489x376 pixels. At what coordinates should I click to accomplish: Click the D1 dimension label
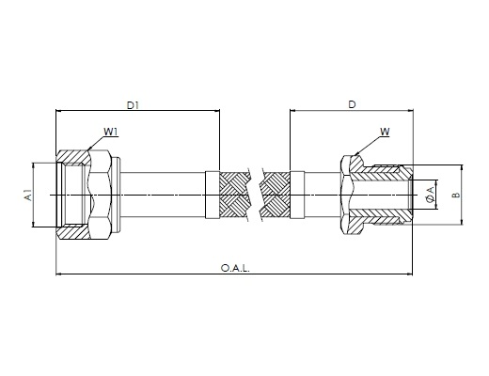tap(133, 105)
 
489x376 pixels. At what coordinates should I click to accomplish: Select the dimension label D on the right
tap(353, 104)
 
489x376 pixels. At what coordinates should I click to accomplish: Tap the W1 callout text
tap(111, 132)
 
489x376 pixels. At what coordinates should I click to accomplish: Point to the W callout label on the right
tap(385, 132)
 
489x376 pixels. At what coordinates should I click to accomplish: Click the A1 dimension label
tap(29, 196)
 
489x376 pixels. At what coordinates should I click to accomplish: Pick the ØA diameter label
tap(431, 195)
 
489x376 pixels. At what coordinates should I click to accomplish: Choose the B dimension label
tap(456, 195)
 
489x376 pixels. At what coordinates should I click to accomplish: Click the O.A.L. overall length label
tap(235, 269)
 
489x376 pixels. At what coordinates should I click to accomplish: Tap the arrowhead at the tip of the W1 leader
tap(89, 148)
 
